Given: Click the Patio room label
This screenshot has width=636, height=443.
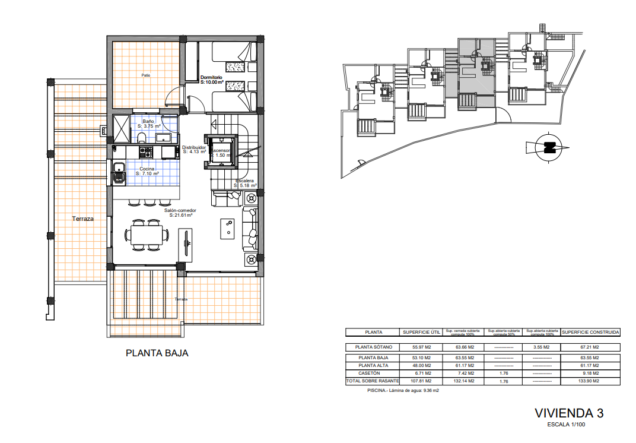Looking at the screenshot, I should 145,75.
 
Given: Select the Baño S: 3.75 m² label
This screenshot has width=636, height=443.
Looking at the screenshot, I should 149,124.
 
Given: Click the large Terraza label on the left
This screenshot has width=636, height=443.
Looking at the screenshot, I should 83,219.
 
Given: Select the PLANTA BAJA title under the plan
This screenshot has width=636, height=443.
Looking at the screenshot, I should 157,353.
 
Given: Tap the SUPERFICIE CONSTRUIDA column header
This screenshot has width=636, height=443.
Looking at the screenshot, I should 590,333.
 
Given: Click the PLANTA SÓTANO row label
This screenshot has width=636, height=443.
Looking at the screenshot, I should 373,347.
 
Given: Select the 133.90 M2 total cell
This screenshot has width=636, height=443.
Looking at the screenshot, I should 590,381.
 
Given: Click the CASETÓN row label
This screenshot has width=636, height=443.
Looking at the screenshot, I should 373,373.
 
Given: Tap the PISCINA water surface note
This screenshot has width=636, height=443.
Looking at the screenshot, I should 403,391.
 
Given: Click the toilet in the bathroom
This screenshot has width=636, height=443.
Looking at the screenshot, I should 141,138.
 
